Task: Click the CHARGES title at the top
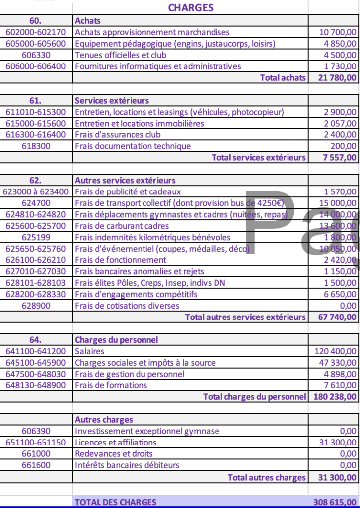click(x=191, y=8)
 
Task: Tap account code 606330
click(x=36, y=55)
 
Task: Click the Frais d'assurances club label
click(x=118, y=134)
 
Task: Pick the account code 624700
click(x=36, y=203)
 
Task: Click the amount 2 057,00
click(x=340, y=124)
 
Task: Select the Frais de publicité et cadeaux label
click(x=128, y=191)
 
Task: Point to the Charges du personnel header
click(x=116, y=340)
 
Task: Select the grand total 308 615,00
click(x=335, y=502)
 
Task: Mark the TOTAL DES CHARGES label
click(x=115, y=502)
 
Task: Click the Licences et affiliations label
click(x=116, y=443)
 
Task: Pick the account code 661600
click(x=36, y=465)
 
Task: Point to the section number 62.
click(x=36, y=180)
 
